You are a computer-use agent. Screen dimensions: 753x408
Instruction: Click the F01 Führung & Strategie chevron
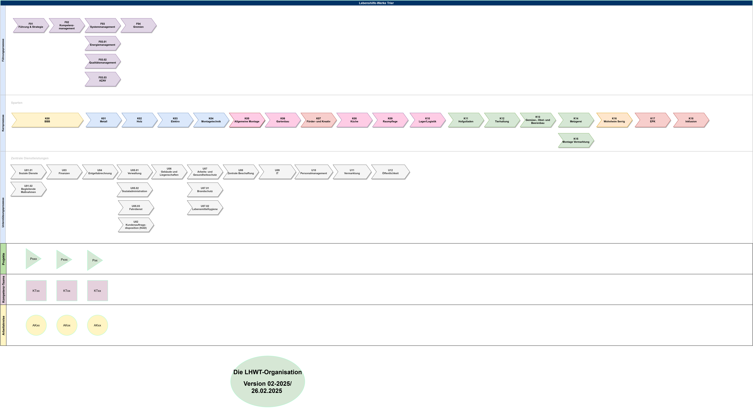(31, 25)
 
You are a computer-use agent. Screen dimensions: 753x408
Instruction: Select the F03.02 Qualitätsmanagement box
(103, 61)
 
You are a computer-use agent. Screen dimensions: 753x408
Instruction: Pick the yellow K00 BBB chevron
(47, 120)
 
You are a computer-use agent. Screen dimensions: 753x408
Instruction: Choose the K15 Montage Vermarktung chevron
(576, 141)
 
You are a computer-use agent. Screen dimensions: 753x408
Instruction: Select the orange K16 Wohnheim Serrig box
(614, 120)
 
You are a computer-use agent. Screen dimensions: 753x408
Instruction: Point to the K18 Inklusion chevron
(691, 120)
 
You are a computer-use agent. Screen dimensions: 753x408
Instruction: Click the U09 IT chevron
(277, 172)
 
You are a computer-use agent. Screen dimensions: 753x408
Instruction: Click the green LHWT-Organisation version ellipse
(267, 381)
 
